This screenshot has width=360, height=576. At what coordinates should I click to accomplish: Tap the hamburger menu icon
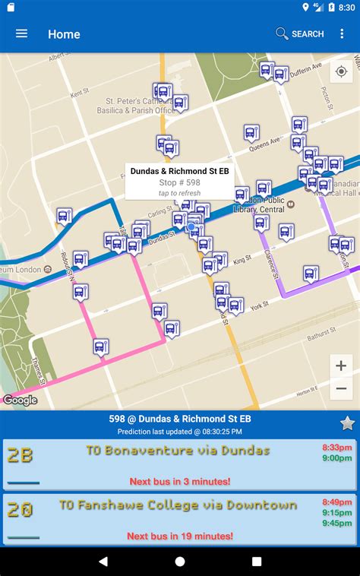21,33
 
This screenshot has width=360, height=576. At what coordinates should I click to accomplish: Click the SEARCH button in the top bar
300,34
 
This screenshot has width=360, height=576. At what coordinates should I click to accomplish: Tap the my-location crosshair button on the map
341,71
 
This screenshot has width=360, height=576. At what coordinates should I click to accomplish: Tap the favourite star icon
347,423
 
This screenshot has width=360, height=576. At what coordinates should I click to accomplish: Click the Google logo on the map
20,400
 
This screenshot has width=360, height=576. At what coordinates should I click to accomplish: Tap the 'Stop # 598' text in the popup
179,182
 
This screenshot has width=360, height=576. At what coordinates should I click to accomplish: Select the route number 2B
21,456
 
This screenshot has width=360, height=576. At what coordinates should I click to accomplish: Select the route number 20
21,510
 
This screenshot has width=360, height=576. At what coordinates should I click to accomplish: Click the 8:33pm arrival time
336,448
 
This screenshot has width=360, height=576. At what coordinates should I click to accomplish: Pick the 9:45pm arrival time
336,523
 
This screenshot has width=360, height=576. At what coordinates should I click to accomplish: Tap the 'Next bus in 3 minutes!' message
179,481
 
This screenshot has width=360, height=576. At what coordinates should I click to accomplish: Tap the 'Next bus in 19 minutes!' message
179,536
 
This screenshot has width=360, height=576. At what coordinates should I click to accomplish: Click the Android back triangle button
103,562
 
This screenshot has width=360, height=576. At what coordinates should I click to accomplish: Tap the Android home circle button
180,562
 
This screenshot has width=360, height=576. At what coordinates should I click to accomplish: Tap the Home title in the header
64,34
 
